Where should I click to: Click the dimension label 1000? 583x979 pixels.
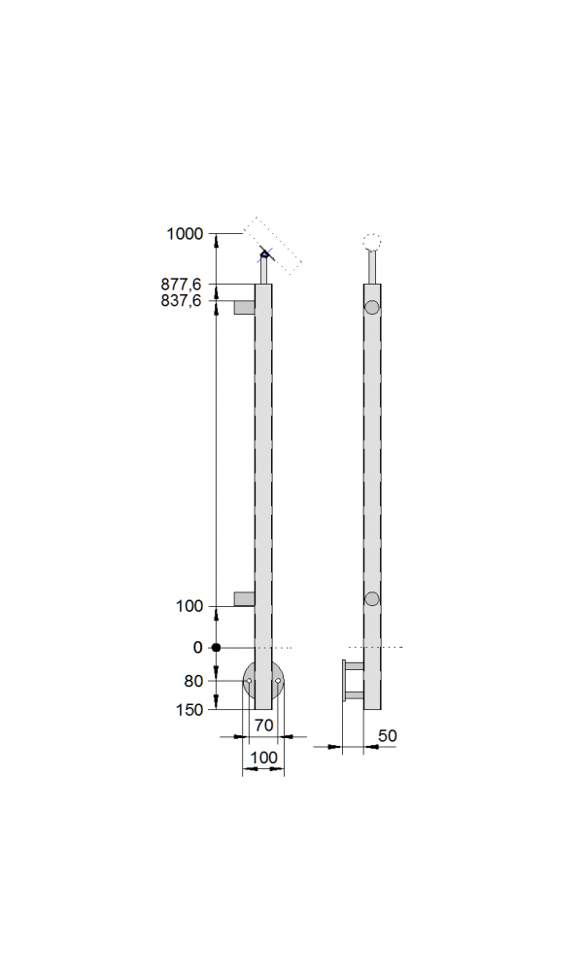pos(185,233)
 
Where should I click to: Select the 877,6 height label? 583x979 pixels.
pos(181,284)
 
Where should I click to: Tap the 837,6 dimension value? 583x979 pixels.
pos(181,301)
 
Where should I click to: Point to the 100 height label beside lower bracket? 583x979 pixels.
pos(189,606)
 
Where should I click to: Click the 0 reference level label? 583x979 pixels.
pos(198,648)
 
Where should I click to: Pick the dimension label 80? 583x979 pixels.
pos(193,681)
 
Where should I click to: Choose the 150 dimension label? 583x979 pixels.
pos(189,710)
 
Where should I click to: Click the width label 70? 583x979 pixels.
pos(264,725)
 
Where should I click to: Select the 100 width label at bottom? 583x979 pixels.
pos(263,758)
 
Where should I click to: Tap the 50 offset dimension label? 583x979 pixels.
pos(388,735)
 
